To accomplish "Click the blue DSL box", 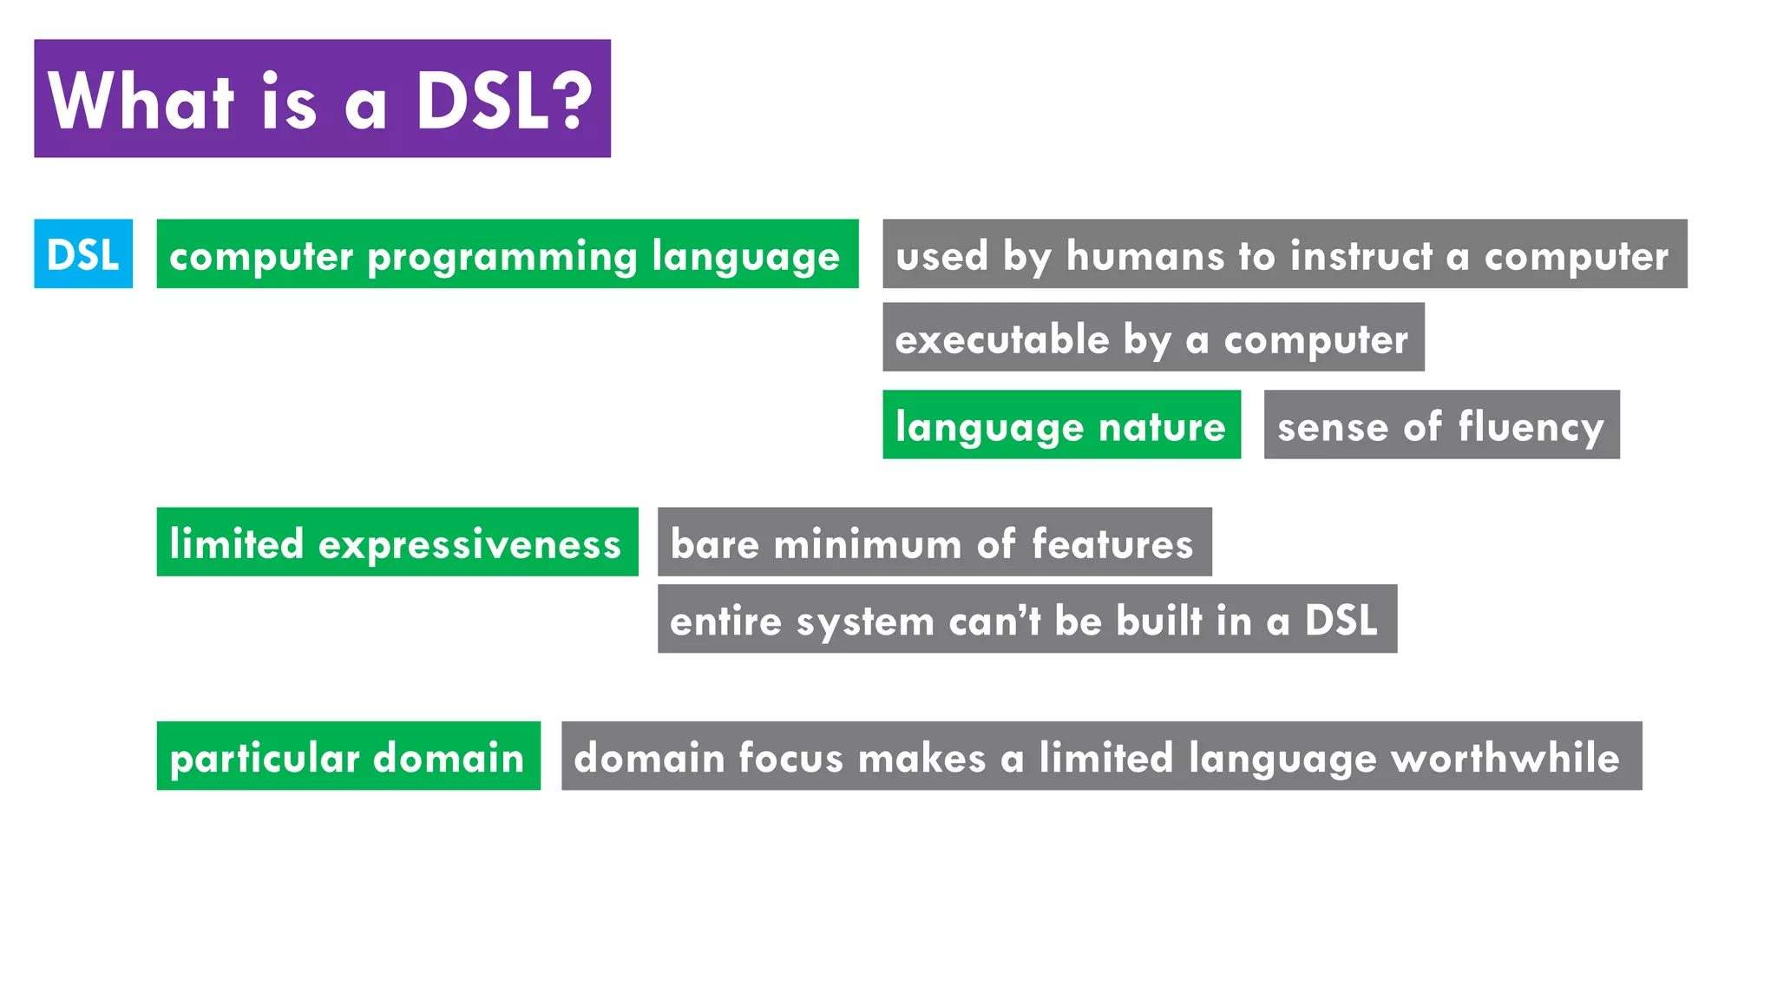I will pos(83,253).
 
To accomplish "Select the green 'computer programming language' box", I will pos(507,253).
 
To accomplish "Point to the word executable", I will pos(1002,339).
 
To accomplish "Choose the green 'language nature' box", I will pos(1060,425).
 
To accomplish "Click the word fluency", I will pos(1531,427).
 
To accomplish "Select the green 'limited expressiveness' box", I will pos(397,543).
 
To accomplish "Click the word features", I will pos(1112,544).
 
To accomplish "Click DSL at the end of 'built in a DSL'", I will pos(1341,621).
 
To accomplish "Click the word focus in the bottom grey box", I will pos(790,757).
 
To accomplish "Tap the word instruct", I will pos(1361,255).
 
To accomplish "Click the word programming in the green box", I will pos(502,257).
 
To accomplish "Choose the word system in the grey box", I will pos(865,622).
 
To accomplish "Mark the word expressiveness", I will pos(469,544).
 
